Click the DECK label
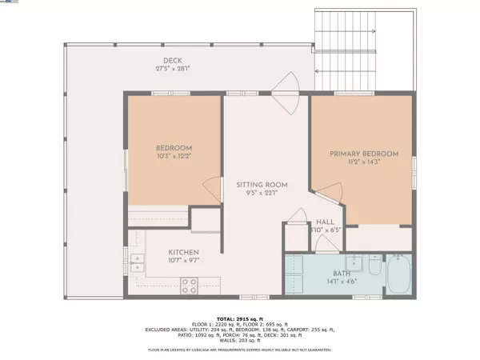[173, 60]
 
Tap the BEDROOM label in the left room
[173, 148]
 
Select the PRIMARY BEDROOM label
[364, 153]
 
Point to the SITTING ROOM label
[262, 185]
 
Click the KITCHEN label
[162, 250]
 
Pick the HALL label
[325, 222]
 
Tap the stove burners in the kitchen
[190, 283]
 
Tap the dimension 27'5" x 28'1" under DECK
[173, 69]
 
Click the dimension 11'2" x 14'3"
[364, 162]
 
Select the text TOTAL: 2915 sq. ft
[240, 318]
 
